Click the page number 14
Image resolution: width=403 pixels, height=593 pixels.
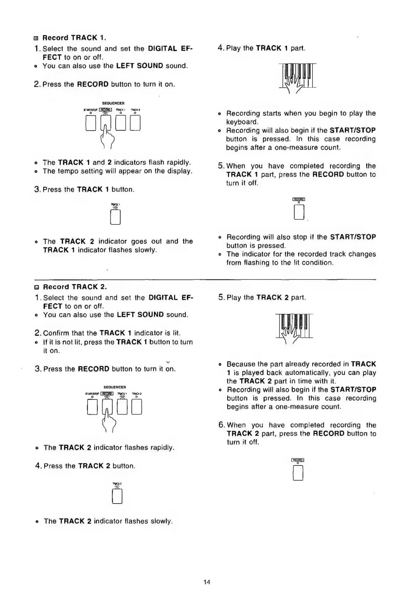coord(207,581)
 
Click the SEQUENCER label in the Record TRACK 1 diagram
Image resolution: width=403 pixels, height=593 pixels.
coord(113,103)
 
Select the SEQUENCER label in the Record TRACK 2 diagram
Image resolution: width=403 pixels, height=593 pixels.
coord(115,387)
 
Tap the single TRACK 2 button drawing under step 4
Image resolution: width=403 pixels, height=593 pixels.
coord(117,496)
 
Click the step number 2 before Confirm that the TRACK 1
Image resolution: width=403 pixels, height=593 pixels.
coord(38,333)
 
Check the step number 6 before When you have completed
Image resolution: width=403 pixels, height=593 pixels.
coord(221,425)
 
